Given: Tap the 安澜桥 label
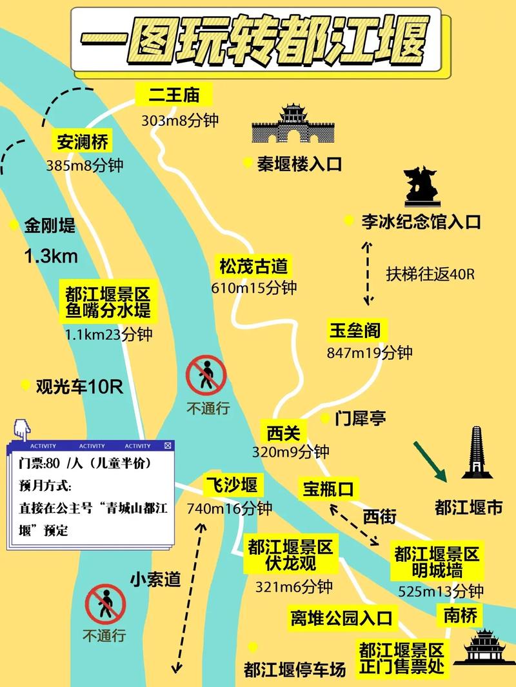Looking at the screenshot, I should tap(83, 141).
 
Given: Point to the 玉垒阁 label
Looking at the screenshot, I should tap(355, 331).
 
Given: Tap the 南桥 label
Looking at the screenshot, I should tap(460, 615).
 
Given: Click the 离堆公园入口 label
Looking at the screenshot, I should tap(341, 619).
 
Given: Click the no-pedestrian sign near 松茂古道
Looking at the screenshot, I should tap(206, 376).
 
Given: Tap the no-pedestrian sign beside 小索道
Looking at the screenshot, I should tap(104, 604).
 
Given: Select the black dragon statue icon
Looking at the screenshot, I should tap(420, 185).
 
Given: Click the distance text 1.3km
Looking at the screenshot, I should tap(51, 256).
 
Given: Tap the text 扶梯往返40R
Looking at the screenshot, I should tap(430, 274).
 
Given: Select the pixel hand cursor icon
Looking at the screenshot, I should tap(21, 428).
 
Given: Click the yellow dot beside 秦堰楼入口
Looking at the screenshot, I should tap(246, 163).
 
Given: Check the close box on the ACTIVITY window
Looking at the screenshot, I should tap(168, 445).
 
